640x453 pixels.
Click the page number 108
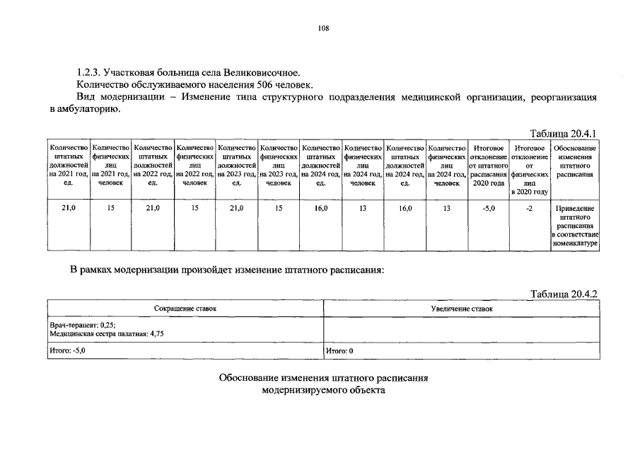[320, 28]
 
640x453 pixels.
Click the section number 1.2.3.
[88, 73]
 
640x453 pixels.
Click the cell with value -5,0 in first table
[488, 210]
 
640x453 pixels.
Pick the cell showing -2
[530, 210]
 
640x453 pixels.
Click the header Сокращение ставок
[185, 309]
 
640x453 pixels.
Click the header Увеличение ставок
[462, 309]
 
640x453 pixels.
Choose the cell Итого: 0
[339, 350]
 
